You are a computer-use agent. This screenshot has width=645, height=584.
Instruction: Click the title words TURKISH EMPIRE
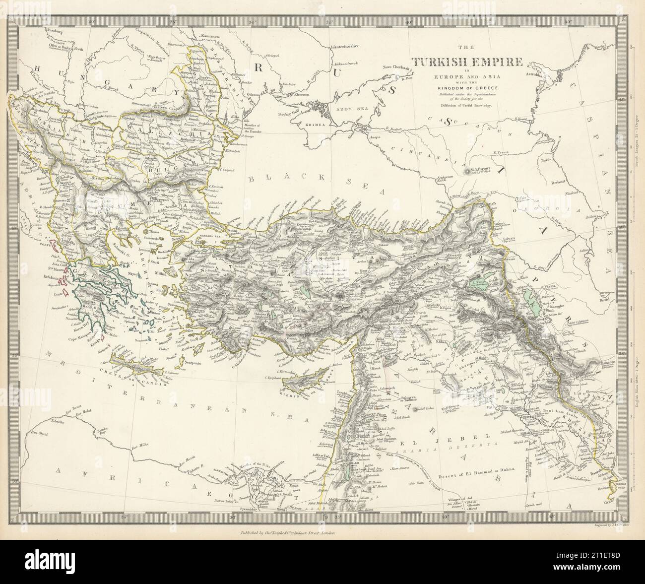click(465, 63)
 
